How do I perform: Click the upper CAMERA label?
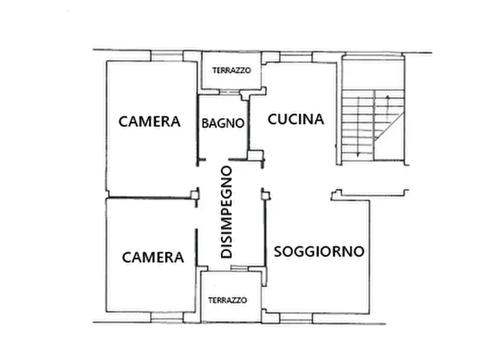149,121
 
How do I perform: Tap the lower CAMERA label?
153,257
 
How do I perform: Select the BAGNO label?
223,123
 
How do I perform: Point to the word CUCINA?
296,119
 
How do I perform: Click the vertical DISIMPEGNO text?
227,212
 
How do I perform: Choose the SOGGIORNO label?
319,251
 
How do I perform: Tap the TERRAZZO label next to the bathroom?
232,70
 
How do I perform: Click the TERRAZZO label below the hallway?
228,300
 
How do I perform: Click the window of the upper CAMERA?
167,56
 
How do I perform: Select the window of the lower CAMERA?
167,317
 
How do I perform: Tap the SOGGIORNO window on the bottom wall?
296,317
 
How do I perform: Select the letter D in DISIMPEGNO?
227,253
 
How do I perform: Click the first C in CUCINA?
273,119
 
